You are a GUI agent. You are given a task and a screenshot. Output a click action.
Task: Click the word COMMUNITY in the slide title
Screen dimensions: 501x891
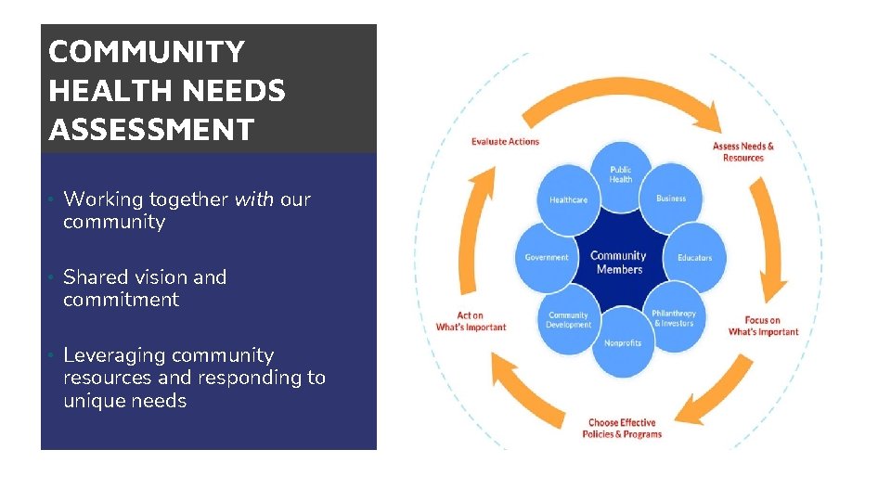(x=147, y=52)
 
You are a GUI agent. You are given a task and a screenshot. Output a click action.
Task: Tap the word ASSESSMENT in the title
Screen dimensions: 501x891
(x=151, y=131)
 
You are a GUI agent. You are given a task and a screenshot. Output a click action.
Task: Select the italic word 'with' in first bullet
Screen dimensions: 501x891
(x=254, y=199)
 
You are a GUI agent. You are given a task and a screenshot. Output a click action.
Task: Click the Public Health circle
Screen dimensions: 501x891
(x=621, y=174)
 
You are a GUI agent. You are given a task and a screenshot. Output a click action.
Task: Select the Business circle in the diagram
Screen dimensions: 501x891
(x=671, y=199)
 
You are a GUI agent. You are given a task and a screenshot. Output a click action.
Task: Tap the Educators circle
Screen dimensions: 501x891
(x=694, y=257)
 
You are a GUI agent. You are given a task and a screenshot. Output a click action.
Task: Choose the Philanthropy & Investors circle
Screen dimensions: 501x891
(x=673, y=318)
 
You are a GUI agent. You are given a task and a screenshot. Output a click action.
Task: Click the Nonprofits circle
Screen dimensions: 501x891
(x=622, y=343)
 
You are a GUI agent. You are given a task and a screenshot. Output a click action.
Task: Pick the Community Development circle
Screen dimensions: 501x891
(x=569, y=319)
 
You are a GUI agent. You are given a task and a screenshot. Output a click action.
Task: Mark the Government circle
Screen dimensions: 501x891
(x=547, y=257)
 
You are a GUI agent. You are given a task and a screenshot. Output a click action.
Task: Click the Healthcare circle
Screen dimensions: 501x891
(x=568, y=199)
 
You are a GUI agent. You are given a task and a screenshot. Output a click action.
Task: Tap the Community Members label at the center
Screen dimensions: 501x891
(x=619, y=262)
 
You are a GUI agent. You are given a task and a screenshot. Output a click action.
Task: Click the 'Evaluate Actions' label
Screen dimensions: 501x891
(x=505, y=142)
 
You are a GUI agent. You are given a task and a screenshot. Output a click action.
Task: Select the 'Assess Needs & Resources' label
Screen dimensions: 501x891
(x=742, y=151)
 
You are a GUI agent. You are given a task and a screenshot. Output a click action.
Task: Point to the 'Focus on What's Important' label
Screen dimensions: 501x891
(x=763, y=326)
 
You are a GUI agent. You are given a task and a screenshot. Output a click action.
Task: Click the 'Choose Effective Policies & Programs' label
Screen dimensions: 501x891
(x=622, y=429)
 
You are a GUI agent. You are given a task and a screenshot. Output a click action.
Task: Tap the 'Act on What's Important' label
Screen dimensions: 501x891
(x=471, y=321)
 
